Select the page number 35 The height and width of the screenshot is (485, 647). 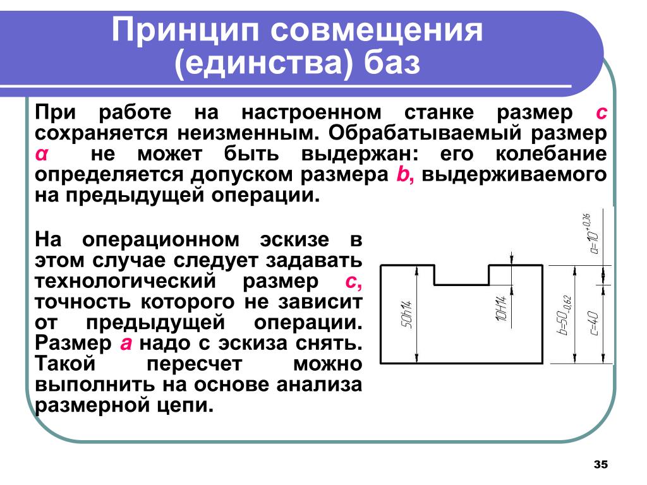[600, 465]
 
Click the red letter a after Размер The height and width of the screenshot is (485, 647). [126, 344]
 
